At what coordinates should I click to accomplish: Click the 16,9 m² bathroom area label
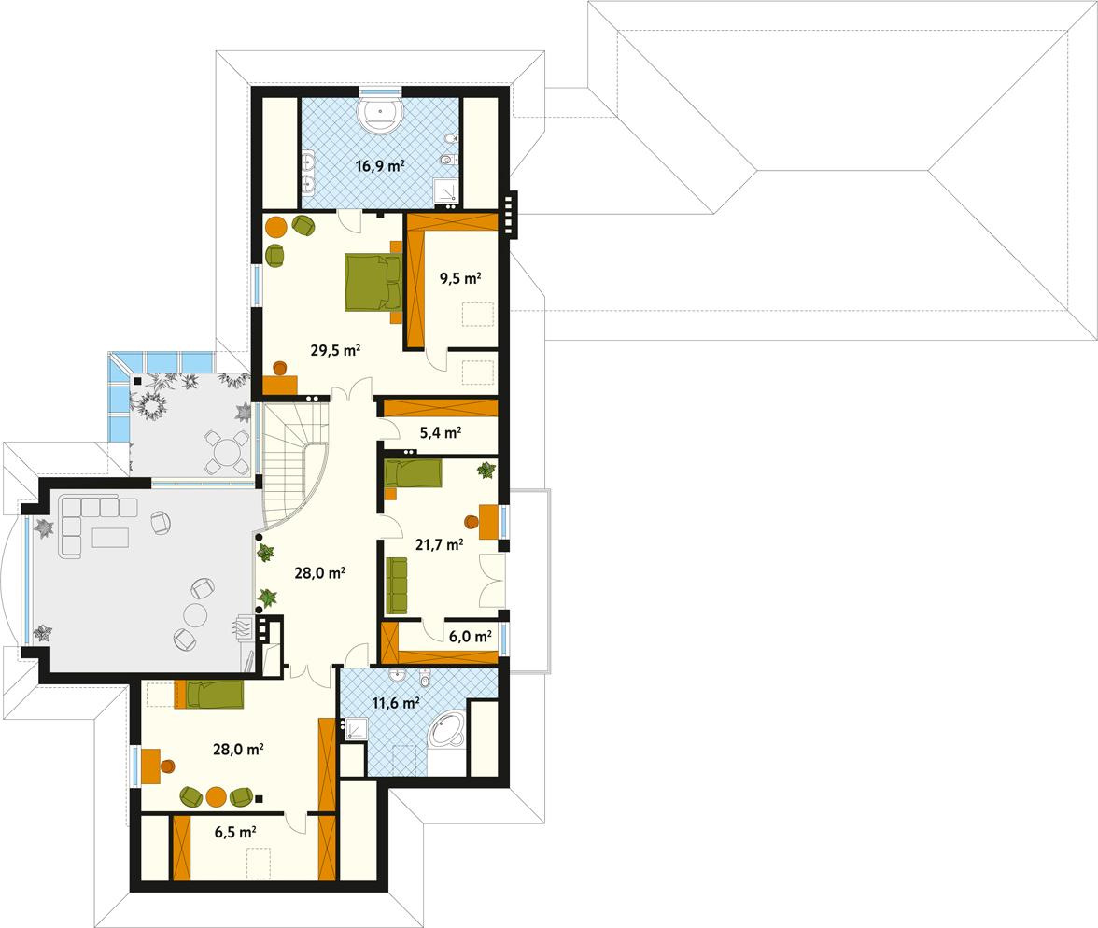[379, 167]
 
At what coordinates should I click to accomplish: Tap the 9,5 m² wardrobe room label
[460, 278]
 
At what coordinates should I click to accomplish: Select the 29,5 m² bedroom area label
[336, 351]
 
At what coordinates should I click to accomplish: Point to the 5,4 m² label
[441, 433]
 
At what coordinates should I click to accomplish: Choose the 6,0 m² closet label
[471, 637]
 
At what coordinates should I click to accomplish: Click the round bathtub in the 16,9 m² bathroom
[380, 114]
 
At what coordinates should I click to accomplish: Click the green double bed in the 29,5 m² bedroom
[373, 281]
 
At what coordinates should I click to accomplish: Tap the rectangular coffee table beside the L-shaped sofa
[110, 539]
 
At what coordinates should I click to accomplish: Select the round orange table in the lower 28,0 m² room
[217, 796]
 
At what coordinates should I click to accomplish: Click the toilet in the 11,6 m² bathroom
[425, 679]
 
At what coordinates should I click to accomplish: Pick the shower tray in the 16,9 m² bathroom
[448, 191]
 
